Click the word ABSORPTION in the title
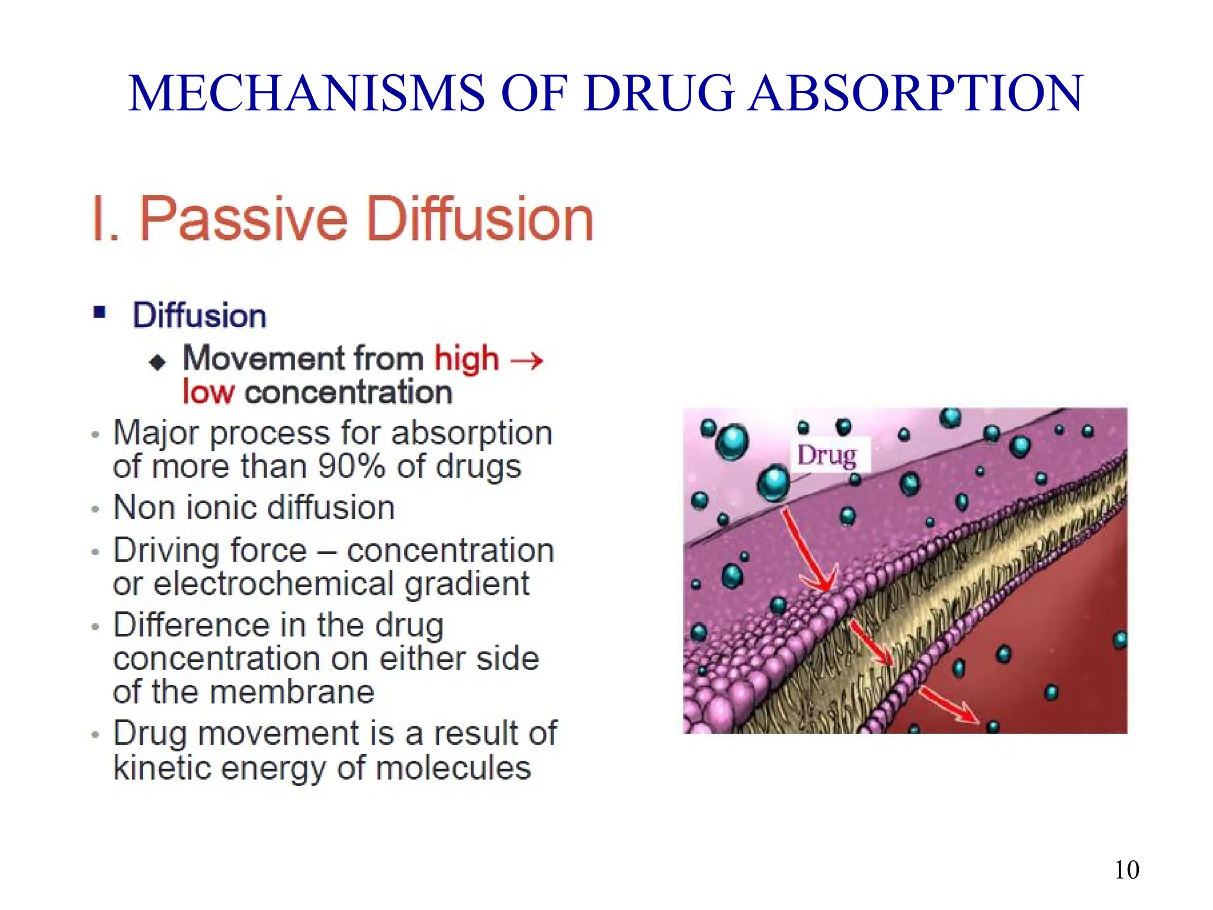coord(916,94)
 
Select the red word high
coord(467,358)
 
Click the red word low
coord(208,392)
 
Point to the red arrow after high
coord(527,360)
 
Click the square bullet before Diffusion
coord(100,312)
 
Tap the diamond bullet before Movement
coord(158,361)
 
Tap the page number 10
coord(1126,870)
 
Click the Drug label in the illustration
coord(827,456)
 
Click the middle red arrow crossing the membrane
coord(871,642)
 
